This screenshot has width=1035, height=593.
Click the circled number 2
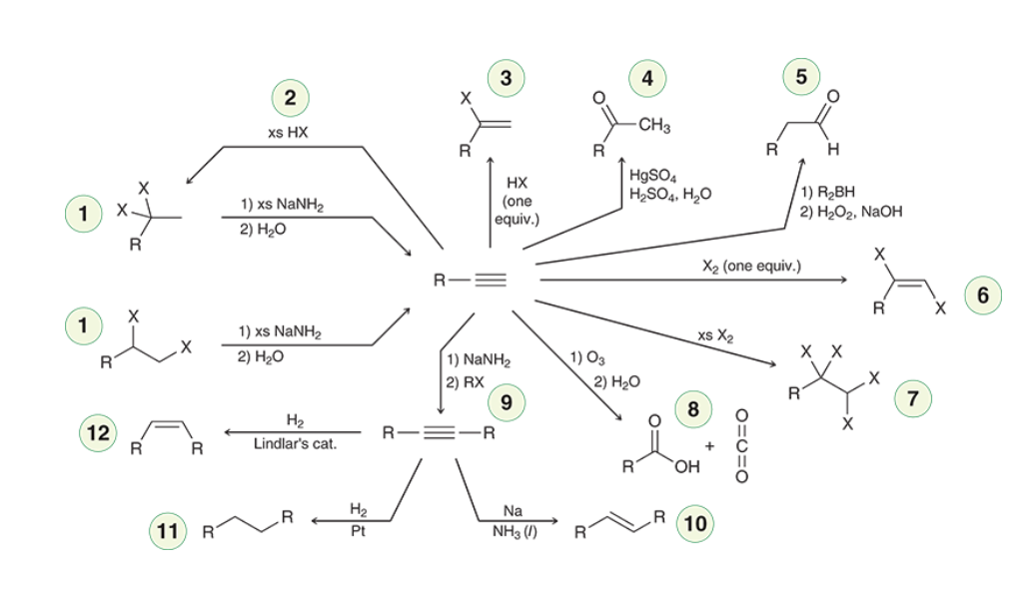pyautogui.click(x=291, y=98)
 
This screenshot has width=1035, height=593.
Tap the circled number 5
pyautogui.click(x=801, y=77)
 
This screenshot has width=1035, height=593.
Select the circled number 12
pyautogui.click(x=98, y=432)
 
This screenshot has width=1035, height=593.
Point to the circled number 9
pyautogui.click(x=507, y=402)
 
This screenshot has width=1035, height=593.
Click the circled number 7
pyautogui.click(x=913, y=398)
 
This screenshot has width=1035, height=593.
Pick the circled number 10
pyautogui.click(x=695, y=524)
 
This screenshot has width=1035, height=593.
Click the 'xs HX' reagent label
pyautogui.click(x=288, y=132)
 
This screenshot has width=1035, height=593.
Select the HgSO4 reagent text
pyautogui.click(x=652, y=176)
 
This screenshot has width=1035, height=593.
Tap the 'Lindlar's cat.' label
pyautogui.click(x=295, y=444)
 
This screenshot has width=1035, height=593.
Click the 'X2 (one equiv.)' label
pyautogui.click(x=751, y=266)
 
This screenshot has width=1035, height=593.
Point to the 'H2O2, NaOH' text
pyautogui.click(x=851, y=212)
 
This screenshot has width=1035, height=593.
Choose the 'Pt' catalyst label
pyautogui.click(x=358, y=531)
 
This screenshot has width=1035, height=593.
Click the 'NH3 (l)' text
pyautogui.click(x=515, y=532)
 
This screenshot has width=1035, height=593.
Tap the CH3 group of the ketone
pyautogui.click(x=654, y=125)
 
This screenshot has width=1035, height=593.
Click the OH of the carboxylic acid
pyautogui.click(x=687, y=467)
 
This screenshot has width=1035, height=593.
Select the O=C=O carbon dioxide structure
pyautogui.click(x=742, y=446)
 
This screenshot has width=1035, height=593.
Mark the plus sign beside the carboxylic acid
pyautogui.click(x=709, y=446)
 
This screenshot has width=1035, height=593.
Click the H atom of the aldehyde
pyautogui.click(x=833, y=150)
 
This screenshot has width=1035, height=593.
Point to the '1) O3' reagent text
pyautogui.click(x=587, y=357)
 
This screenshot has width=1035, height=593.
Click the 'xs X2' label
pyautogui.click(x=715, y=335)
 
